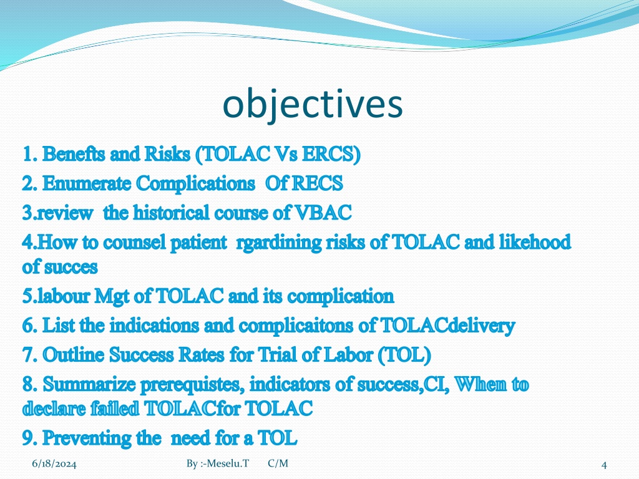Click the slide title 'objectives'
point(313,105)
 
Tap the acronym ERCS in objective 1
point(331,155)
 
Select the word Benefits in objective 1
point(74,154)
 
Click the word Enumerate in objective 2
point(87,183)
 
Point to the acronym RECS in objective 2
point(318,183)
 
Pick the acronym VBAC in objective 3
point(323,213)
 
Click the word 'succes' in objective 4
point(71,268)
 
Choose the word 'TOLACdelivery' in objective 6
point(447,326)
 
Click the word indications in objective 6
point(154,326)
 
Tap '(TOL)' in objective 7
point(404,355)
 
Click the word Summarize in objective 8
point(89,384)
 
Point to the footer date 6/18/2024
point(54,464)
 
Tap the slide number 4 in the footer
point(604,465)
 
